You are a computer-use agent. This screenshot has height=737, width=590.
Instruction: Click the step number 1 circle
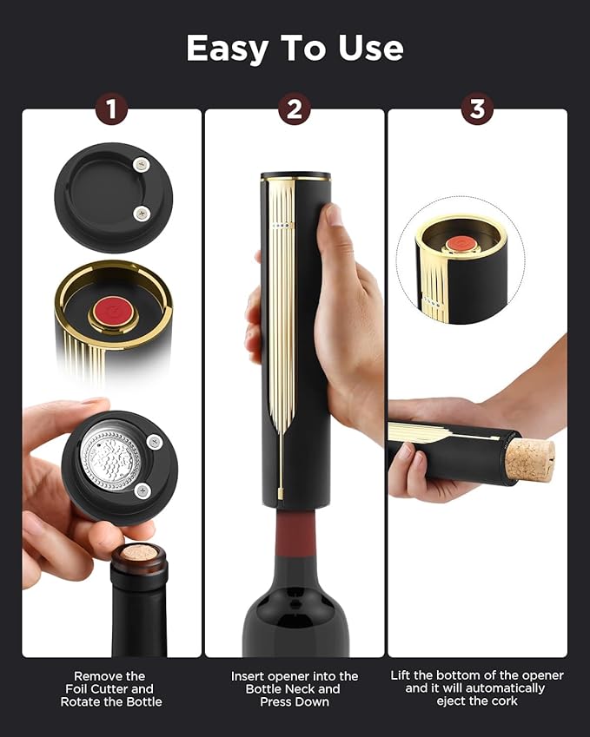111,109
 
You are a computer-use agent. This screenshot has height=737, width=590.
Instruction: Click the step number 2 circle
295,109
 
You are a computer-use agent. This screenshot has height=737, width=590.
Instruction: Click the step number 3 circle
477,109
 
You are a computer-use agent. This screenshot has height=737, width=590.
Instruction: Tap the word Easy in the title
229,49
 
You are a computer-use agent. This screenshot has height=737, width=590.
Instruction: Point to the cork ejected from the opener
529,459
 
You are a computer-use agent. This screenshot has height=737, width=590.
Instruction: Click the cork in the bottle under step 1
138,553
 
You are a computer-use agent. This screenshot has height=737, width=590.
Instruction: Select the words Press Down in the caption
295,701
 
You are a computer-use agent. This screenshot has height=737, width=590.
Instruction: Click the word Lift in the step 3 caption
403,675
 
